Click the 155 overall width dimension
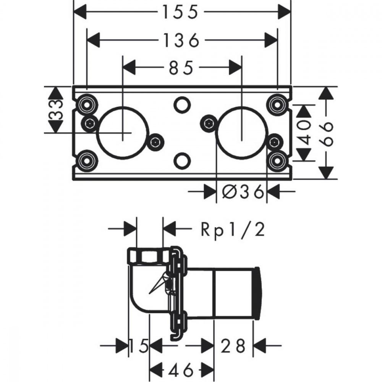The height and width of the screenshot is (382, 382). (180, 12)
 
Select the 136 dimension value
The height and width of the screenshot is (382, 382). (181, 40)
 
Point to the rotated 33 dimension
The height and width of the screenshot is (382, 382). (56, 110)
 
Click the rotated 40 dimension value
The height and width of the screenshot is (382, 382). (304, 133)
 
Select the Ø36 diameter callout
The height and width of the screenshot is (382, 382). (243, 191)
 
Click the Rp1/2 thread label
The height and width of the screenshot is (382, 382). (233, 230)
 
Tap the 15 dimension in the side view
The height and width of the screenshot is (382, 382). (138, 345)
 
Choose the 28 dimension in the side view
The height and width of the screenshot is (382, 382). (233, 345)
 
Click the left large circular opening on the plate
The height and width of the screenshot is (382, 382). (122, 133)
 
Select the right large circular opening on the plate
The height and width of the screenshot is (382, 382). (241, 133)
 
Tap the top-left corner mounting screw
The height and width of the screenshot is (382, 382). (86, 105)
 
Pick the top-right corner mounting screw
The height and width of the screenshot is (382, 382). (277, 105)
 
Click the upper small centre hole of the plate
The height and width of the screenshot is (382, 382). (182, 104)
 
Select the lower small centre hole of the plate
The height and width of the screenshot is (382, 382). (182, 160)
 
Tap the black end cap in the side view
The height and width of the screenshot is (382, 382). (257, 293)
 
